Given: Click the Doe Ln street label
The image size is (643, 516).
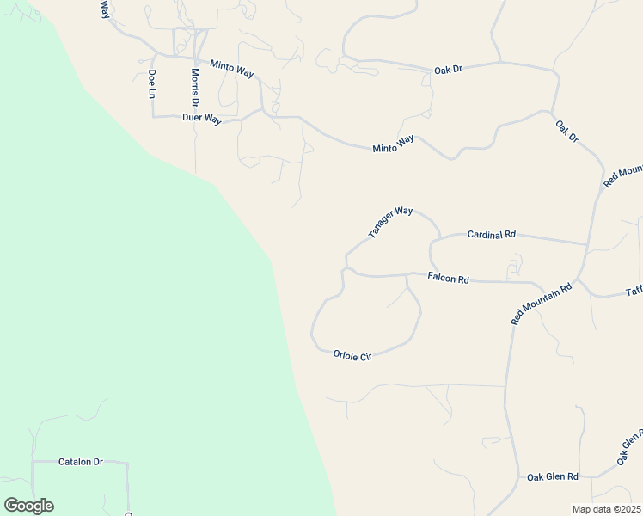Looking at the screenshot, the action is click(152, 83).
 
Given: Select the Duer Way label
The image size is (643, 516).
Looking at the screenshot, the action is click(202, 119).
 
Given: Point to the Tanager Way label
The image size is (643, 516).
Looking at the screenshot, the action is click(391, 222).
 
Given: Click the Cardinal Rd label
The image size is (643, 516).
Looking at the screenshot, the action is click(491, 234).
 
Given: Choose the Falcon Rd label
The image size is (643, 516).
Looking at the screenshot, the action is click(448, 279).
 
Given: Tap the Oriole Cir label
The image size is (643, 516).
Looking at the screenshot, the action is click(352, 355).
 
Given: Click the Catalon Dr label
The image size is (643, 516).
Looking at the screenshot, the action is click(80, 462).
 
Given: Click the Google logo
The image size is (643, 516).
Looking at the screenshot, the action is click(28, 506).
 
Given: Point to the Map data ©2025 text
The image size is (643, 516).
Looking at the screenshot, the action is click(605, 509).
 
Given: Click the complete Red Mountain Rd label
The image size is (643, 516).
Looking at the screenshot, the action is click(542, 304).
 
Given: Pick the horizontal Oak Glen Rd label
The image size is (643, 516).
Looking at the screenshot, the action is click(553, 476).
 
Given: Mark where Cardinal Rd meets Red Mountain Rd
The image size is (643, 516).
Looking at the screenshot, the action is click(587, 243).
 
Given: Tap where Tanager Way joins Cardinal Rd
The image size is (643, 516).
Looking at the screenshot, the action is click(440, 238).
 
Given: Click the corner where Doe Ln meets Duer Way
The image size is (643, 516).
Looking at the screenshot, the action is click(153, 115).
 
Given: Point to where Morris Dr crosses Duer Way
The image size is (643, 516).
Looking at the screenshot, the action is click(195, 115).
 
